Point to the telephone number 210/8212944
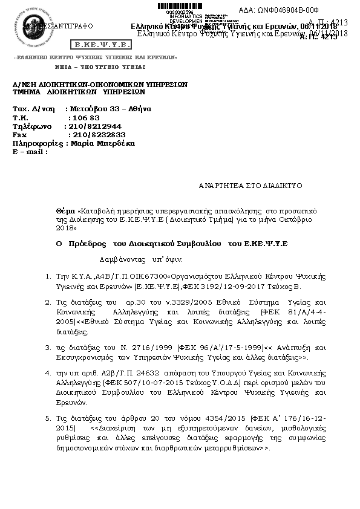(x=96, y=126)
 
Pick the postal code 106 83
(x=85, y=118)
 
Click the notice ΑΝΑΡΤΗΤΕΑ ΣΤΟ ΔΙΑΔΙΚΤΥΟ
(x=250, y=186)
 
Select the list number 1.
(x=48, y=276)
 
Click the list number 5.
(x=48, y=418)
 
